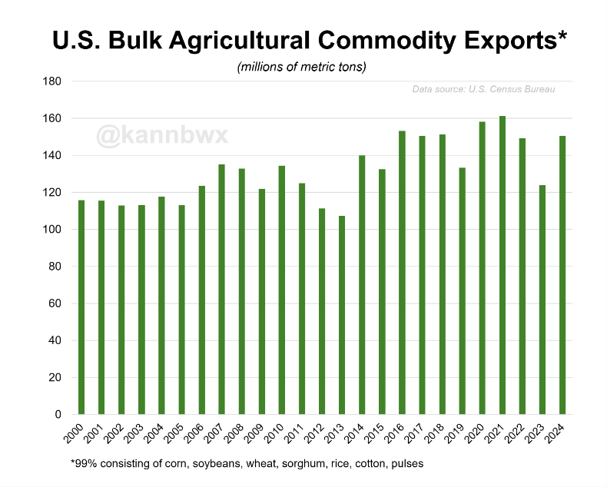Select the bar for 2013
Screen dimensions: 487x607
pos(342,315)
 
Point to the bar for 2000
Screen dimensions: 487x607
pos(81,307)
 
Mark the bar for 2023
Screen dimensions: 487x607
pos(542,300)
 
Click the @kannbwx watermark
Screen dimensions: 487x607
pos(162,136)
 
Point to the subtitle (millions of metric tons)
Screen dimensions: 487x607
pos(302,67)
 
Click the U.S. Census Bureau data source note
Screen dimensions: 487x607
pos(483,90)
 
